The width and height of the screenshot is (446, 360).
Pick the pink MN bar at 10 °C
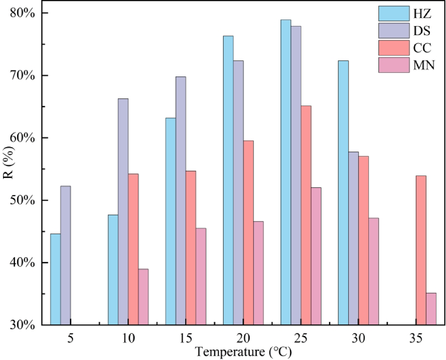coord(143,297)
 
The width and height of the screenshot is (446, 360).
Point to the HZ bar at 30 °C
coord(343,193)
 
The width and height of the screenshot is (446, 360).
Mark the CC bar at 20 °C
coord(248,233)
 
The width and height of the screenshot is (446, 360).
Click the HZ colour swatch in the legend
coord(394,13)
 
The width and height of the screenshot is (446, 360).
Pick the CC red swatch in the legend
coord(394,48)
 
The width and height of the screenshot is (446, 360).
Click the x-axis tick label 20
coord(243,337)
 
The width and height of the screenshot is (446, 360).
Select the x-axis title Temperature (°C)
coord(243,350)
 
